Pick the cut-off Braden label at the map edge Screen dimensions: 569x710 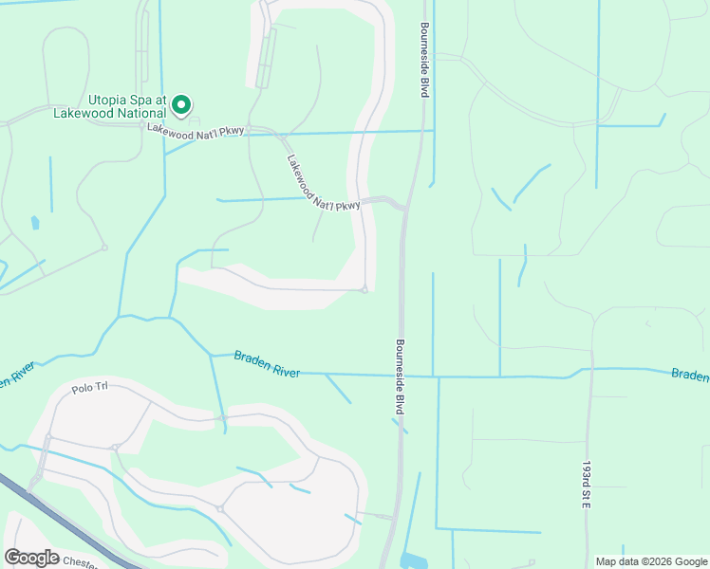point(690,375)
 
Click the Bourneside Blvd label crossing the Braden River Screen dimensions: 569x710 point(401,376)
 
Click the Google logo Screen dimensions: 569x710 point(31,558)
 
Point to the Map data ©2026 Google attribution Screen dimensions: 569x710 point(651,561)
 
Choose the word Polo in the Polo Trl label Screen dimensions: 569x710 point(81,389)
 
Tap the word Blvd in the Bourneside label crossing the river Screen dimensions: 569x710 point(401,403)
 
